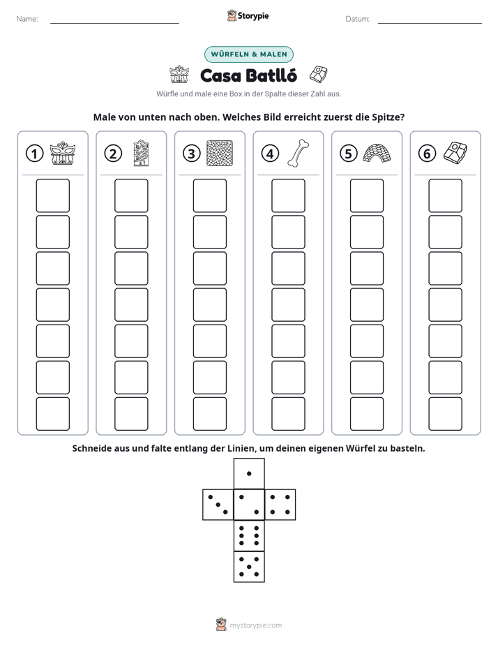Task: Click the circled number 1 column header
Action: coord(34,154)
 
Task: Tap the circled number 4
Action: coord(270,154)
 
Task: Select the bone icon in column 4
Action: coord(299,154)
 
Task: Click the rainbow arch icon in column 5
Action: coord(377,153)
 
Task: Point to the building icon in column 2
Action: coord(142,153)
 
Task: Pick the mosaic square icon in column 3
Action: coord(220,154)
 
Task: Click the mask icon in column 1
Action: coord(63,154)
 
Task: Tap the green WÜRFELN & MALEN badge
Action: coord(249,54)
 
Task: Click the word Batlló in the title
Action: coord(271,75)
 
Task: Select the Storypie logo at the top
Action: coord(248,15)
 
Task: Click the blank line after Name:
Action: coord(114,23)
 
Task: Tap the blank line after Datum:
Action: coord(430,23)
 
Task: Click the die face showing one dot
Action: coord(249,474)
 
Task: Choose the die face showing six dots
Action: coord(249,535)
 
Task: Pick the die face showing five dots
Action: coord(249,567)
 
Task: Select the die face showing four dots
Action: coord(280,505)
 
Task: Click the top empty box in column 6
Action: coord(446,195)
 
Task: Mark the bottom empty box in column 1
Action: coord(53,414)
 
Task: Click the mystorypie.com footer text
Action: coord(255,625)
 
